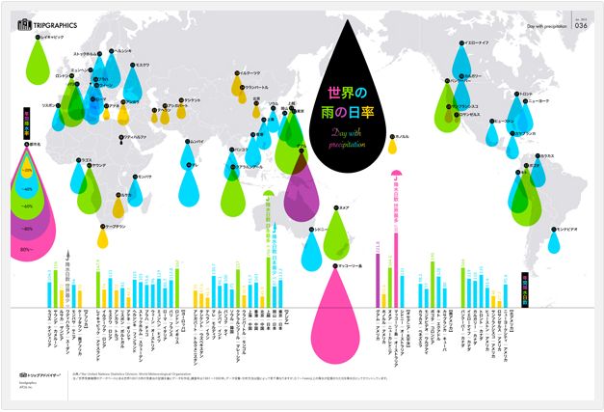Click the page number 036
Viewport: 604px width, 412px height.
tap(580, 26)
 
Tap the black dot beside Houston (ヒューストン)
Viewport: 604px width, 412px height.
tap(490, 123)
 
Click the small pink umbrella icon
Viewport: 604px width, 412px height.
tap(396, 175)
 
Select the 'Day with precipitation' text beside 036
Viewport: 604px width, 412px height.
tap(548, 26)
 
